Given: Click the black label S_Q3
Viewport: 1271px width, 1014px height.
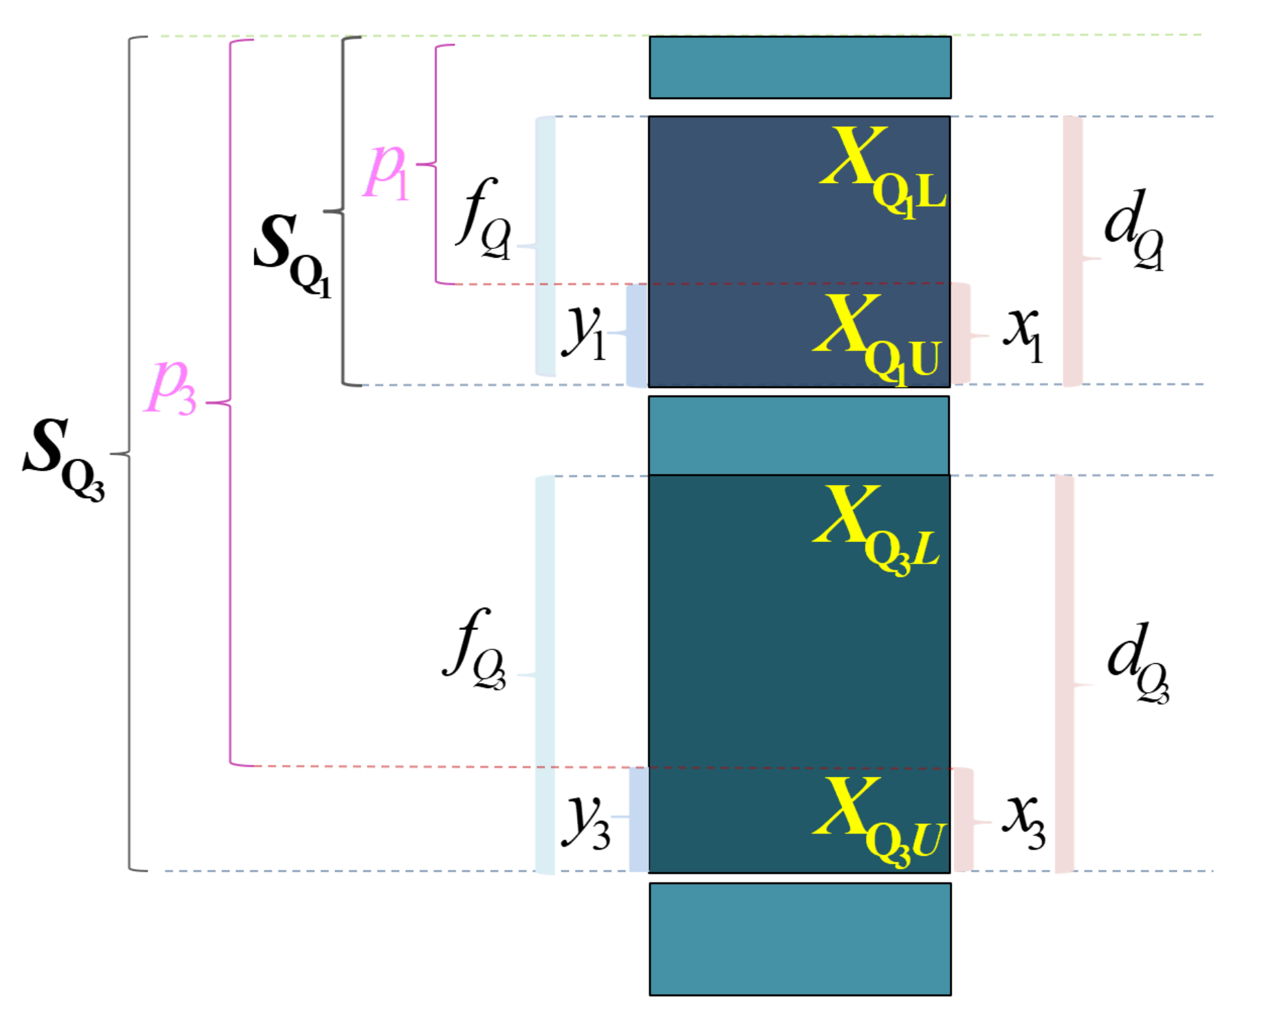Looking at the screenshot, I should point(63,457).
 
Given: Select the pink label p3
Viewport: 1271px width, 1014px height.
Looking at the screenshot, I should point(171,387).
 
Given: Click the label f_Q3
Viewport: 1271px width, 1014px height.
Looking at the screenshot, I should point(475,650).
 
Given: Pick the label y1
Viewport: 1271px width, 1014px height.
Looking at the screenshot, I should point(584,332).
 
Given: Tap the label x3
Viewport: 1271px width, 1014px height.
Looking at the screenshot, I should point(1024,821).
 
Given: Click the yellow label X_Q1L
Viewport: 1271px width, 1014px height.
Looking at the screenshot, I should point(883,172).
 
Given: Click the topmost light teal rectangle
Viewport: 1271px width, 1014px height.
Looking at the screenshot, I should point(800,67).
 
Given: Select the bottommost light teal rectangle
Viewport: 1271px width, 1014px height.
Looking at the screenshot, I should point(800,939).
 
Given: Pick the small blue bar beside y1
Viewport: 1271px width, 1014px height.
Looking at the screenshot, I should point(637,336).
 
